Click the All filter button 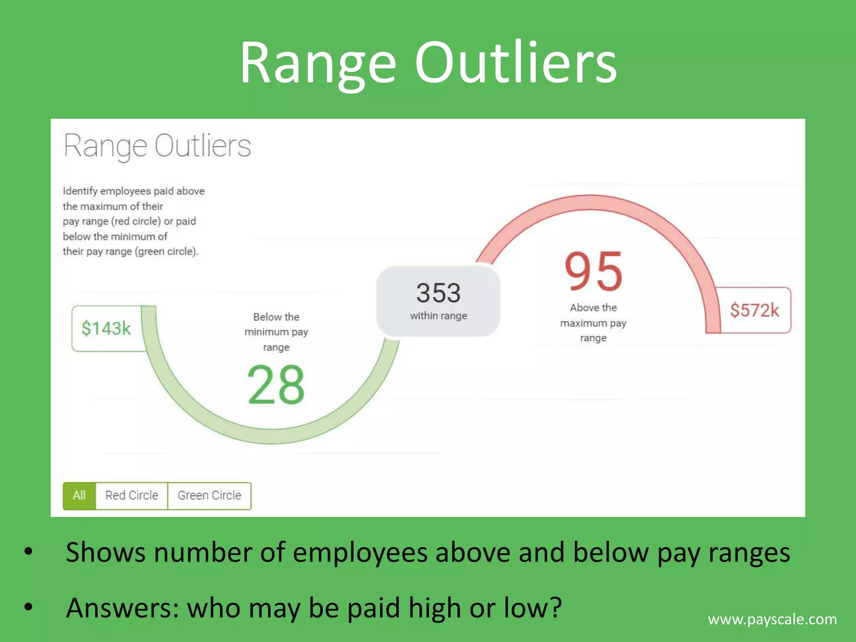pos(79,496)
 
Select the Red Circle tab pos(132,496)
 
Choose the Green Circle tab pos(209,496)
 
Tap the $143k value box pos(106,329)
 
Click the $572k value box pos(754,311)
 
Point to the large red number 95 pos(594,272)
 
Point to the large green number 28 pos(276,385)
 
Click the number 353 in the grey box pos(438,293)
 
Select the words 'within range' pos(438,316)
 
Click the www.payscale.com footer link pos(772,619)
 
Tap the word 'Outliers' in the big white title pos(516,63)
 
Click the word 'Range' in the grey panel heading pos(105,146)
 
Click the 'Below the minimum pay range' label pos(276,332)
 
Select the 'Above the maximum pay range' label pos(593,323)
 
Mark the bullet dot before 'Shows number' pos(28,552)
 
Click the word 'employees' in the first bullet pos(360,553)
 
